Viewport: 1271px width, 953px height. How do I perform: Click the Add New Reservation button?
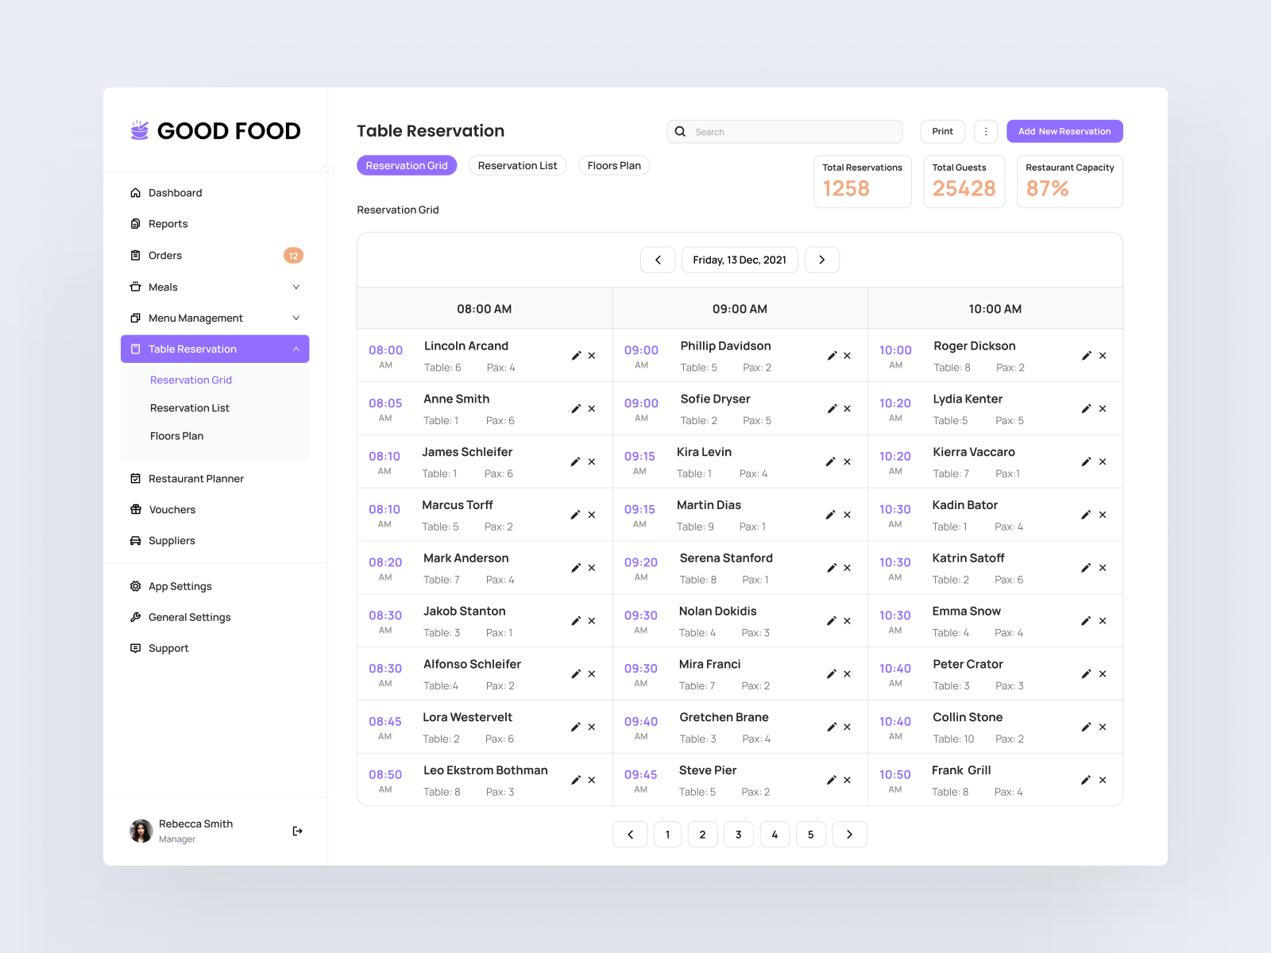pos(1064,132)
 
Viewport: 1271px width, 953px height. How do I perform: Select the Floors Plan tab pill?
pos(614,166)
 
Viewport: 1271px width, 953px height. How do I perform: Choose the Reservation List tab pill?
pos(517,166)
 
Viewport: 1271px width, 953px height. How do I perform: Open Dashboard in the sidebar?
pos(175,193)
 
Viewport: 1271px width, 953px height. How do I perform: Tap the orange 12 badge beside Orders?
pos(293,256)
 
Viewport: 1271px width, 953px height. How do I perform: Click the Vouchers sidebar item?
pos(172,510)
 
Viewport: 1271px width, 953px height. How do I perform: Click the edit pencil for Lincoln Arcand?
pos(576,356)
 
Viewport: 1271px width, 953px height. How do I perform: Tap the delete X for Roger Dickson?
pos(1103,356)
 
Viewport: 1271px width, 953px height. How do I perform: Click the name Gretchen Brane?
pos(724,717)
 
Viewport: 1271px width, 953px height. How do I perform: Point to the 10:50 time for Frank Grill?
pos(895,774)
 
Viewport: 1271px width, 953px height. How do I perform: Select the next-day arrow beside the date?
pos(822,260)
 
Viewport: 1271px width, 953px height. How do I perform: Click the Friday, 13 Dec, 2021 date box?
pos(740,260)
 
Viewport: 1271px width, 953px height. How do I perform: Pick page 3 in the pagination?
pos(739,835)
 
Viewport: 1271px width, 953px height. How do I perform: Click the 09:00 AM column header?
pos(740,309)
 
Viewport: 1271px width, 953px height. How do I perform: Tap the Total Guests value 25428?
pos(964,189)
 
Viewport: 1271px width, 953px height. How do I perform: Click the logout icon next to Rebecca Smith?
pos(297,831)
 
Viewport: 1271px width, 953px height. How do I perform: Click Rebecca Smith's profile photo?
pos(141,831)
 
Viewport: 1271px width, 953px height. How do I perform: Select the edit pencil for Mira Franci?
pos(832,674)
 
